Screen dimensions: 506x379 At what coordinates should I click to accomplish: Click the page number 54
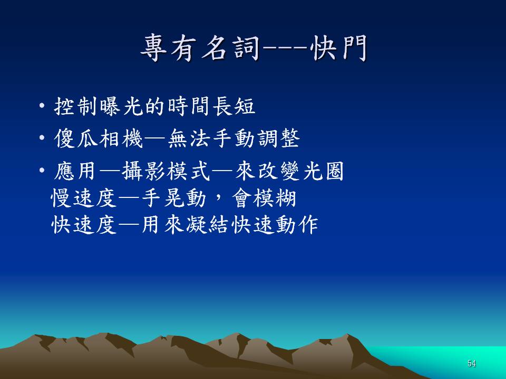[x=471, y=363]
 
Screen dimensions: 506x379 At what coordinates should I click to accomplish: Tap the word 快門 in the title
[x=339, y=48]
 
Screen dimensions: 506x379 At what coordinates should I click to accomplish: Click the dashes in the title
[x=285, y=48]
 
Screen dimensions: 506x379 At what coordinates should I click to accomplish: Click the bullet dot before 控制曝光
[x=42, y=105]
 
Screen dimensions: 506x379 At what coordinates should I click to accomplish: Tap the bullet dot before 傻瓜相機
[x=42, y=138]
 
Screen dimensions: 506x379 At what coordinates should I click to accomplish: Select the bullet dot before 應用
[x=42, y=170]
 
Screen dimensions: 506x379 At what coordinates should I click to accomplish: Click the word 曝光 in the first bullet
[x=122, y=106]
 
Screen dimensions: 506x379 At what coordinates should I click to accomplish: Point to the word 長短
[x=234, y=106]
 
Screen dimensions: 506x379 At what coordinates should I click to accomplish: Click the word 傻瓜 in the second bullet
[x=76, y=138]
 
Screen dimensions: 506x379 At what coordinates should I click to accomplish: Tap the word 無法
[x=189, y=138]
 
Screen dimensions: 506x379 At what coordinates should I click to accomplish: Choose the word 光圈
[x=323, y=171]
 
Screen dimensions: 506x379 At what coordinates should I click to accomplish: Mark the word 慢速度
[x=84, y=198]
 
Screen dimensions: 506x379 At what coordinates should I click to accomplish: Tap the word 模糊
[x=275, y=198]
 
